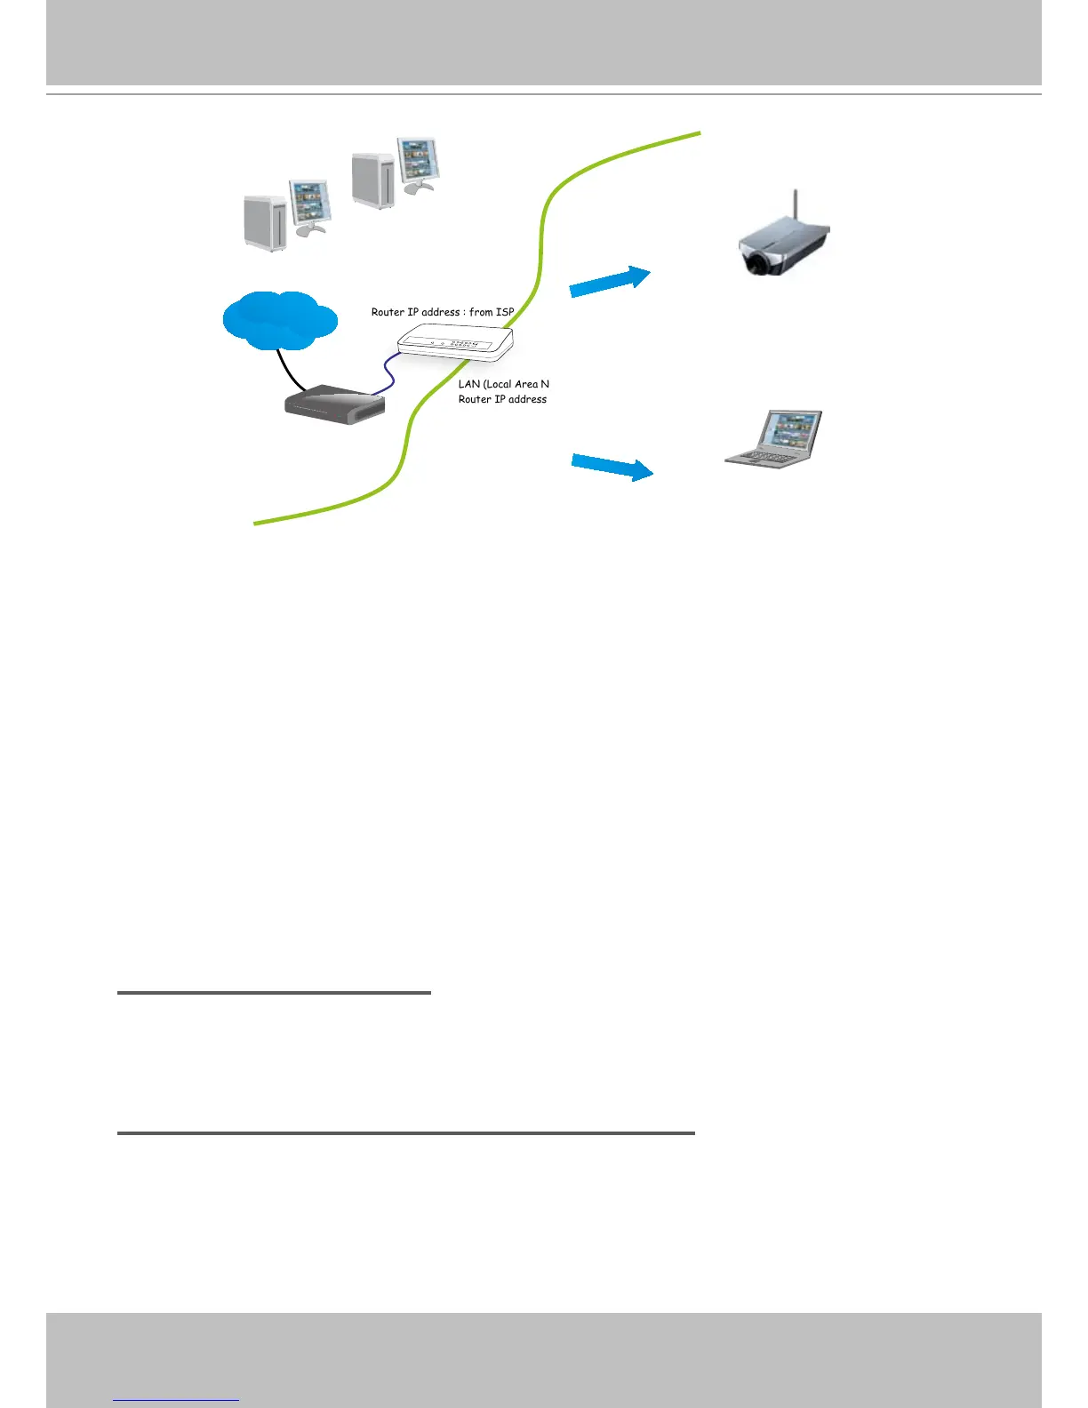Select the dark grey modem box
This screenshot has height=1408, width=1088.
tap(334, 405)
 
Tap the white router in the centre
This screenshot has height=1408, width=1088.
tap(455, 343)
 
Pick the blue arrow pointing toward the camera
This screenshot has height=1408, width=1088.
tap(610, 281)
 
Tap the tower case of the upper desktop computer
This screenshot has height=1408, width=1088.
tap(373, 180)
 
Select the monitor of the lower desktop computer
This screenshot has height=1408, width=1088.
tap(308, 203)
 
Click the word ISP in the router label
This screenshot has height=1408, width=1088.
tap(505, 312)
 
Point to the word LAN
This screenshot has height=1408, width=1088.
tap(468, 384)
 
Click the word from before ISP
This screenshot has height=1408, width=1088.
tap(481, 312)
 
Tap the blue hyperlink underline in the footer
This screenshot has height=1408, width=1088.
tap(176, 1401)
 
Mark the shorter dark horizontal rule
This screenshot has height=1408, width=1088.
tap(274, 993)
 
